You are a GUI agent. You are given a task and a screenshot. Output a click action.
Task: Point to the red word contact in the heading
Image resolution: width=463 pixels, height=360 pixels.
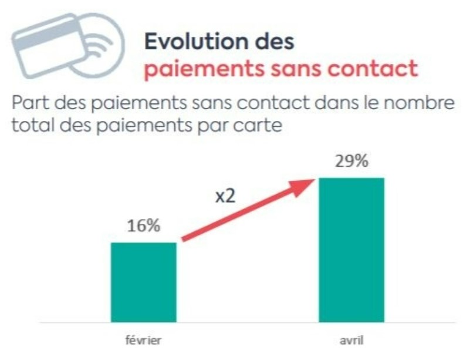tap(374, 69)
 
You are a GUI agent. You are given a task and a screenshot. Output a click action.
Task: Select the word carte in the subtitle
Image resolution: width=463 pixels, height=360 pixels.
tap(257, 125)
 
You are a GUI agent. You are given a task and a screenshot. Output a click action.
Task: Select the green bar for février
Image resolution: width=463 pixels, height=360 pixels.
tap(144, 282)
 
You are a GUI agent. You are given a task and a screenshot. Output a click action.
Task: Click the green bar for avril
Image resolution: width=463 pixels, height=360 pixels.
tap(352, 250)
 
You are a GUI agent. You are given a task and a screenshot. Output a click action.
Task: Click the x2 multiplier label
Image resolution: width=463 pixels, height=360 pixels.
tap(224, 196)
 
